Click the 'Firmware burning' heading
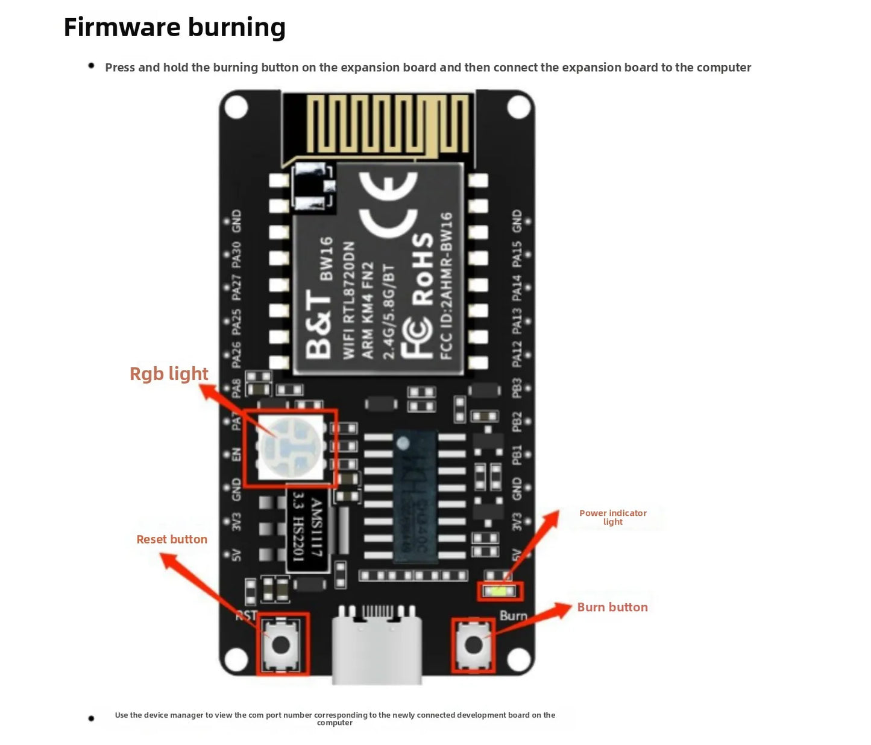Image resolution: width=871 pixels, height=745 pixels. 174,27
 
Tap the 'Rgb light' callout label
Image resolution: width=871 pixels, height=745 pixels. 169,373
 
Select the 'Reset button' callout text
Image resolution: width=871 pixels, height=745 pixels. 172,539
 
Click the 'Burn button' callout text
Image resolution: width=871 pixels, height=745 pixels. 612,607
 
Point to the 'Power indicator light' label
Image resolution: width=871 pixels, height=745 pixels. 612,517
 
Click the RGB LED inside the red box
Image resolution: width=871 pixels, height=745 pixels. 291,447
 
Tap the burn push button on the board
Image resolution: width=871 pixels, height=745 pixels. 473,645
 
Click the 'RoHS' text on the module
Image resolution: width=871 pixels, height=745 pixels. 423,268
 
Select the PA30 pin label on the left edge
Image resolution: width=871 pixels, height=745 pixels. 236,255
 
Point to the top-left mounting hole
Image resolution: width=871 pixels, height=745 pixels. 236,107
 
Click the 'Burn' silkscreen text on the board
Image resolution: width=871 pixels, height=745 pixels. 513,615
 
